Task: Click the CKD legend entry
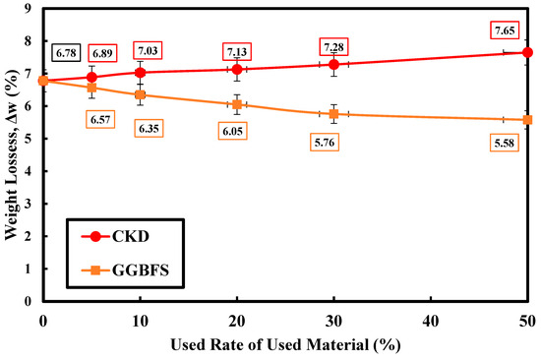tap(115, 236)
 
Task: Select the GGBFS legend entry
tap(125, 270)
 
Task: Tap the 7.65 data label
tap(505, 30)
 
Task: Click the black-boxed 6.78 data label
tap(66, 53)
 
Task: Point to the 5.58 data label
tap(504, 143)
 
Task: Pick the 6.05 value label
tap(232, 131)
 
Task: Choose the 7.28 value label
tap(333, 46)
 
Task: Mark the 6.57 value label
tap(100, 119)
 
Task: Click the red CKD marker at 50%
tap(527, 52)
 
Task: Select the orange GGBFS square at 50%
tap(527, 120)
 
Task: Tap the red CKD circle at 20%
tap(237, 70)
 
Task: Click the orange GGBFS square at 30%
tap(333, 114)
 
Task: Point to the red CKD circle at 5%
tap(91, 77)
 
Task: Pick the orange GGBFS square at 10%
tap(140, 94)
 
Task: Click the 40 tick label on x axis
tap(431, 322)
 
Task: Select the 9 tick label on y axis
tap(28, 8)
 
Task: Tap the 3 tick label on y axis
tap(28, 204)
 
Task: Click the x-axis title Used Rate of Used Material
tap(285, 344)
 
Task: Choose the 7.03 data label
tap(148, 51)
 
